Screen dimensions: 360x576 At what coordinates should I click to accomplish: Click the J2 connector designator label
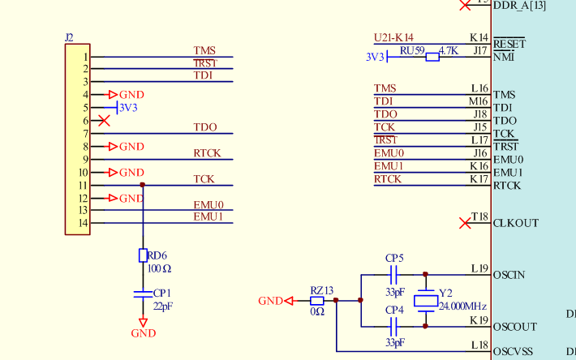(x=69, y=37)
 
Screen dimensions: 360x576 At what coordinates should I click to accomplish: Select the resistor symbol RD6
(x=143, y=255)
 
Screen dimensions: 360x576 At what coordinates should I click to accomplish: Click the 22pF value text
(x=162, y=306)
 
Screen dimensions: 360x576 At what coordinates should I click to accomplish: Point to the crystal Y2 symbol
(x=425, y=301)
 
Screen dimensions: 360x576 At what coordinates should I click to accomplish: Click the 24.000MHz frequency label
(x=462, y=307)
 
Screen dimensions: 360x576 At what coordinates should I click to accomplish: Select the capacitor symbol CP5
(x=393, y=275)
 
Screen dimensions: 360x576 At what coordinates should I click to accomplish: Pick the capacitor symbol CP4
(x=393, y=327)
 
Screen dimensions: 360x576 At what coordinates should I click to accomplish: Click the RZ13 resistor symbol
(x=317, y=301)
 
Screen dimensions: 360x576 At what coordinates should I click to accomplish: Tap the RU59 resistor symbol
(x=432, y=57)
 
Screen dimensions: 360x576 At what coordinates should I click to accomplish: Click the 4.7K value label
(x=449, y=50)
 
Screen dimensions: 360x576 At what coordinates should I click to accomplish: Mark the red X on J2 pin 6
(x=104, y=121)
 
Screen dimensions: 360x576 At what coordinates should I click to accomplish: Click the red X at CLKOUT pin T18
(x=465, y=222)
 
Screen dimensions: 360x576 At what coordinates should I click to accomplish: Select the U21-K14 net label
(x=393, y=37)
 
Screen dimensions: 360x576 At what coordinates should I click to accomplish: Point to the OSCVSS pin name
(x=514, y=353)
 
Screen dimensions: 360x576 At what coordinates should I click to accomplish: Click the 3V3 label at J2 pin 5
(x=128, y=107)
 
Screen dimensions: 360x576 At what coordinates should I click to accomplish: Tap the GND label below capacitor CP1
(x=143, y=333)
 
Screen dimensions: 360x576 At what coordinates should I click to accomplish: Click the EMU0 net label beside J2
(x=208, y=205)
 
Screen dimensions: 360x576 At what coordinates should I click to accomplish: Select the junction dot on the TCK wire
(x=143, y=185)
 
